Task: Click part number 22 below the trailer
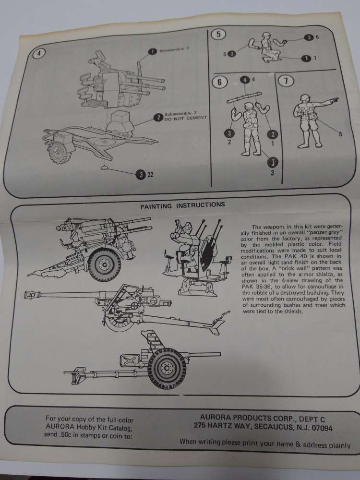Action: point(150,175)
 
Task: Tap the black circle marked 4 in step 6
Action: point(246,80)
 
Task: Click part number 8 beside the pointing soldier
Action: point(340,134)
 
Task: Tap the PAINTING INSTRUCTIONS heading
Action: point(182,204)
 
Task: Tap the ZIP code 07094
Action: point(326,426)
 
